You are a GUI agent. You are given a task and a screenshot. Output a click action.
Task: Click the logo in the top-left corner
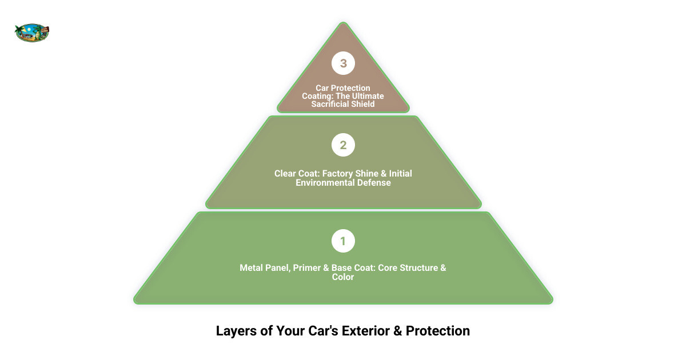pyautogui.click(x=32, y=33)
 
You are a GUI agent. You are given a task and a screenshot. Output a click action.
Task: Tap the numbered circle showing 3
pyautogui.click(x=343, y=63)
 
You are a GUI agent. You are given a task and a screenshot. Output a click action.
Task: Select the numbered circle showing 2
pyautogui.click(x=343, y=145)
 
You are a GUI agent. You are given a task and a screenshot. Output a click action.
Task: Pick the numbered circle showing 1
pyautogui.click(x=343, y=241)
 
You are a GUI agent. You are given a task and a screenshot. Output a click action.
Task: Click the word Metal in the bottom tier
pyautogui.click(x=252, y=268)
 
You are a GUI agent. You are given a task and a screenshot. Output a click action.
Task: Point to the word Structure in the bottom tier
pyautogui.click(x=419, y=268)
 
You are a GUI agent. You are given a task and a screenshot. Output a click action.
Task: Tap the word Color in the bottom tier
pyautogui.click(x=343, y=277)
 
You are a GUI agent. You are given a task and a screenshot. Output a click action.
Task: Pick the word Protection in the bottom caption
pyautogui.click(x=438, y=331)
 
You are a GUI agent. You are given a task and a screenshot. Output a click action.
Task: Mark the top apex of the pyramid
pyautogui.click(x=343, y=23)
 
